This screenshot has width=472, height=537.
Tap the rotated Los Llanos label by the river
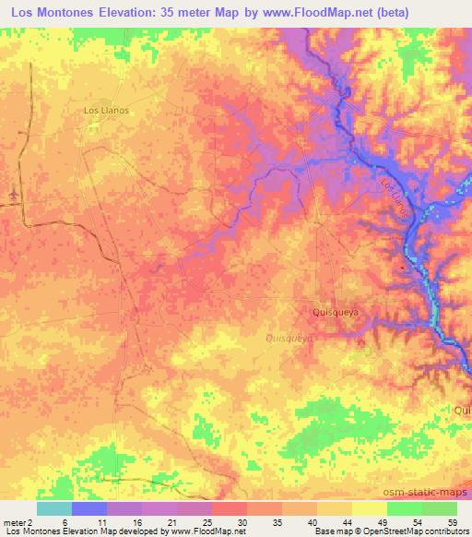[399, 198]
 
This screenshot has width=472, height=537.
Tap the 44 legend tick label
[350, 522]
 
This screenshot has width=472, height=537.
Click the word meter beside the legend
[12, 522]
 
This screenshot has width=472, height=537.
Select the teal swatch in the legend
[54, 508]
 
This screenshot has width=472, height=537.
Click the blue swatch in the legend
[89, 508]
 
